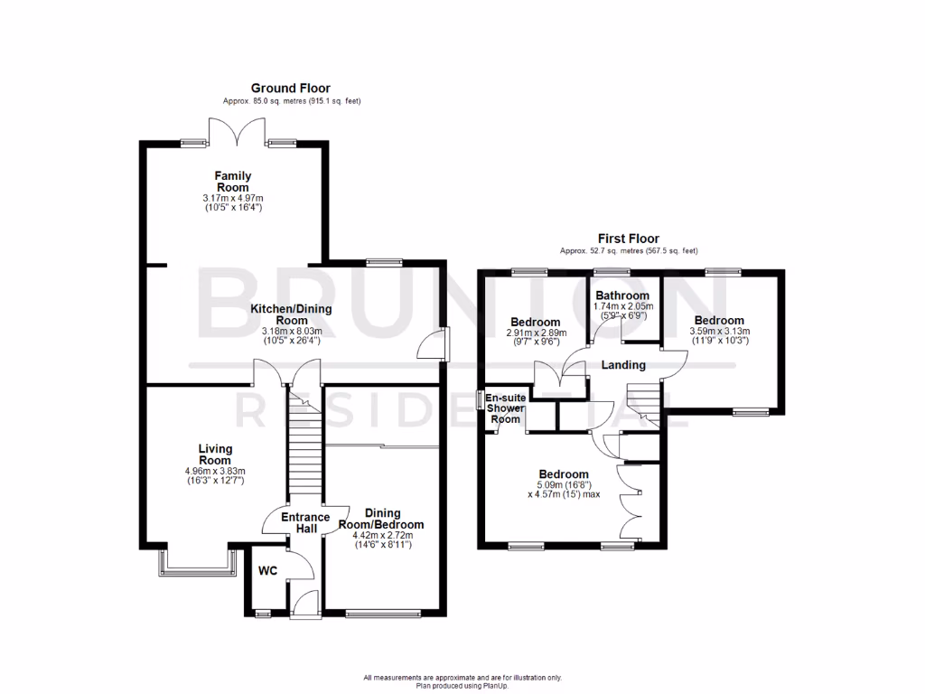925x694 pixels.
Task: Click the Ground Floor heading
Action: (291, 88)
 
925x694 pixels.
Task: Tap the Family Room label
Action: (233, 181)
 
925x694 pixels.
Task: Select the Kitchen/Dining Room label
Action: (291, 314)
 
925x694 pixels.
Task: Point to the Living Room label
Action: (215, 455)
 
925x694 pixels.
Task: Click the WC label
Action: (267, 571)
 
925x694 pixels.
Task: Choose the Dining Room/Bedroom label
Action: (381, 518)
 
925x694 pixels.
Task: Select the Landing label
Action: (623, 365)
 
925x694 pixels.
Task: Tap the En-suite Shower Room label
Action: (504, 408)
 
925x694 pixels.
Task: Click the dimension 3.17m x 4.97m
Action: (233, 198)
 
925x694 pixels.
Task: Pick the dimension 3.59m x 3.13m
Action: (720, 332)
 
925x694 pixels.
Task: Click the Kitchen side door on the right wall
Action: (438, 345)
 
